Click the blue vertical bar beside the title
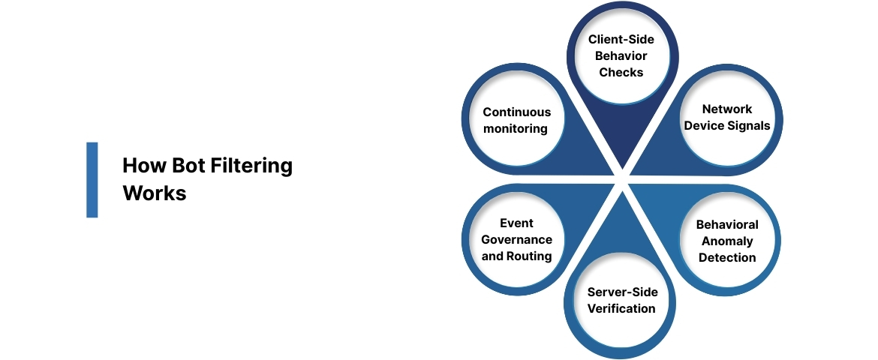pos(92,180)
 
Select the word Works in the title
pos(154,193)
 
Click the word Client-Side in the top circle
pos(621,40)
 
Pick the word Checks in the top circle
pos(621,73)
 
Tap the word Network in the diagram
pos(727,109)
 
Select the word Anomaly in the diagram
pos(727,241)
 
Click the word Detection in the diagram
pos(727,257)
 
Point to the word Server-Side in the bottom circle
pos(621,292)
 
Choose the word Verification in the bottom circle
pos(621,308)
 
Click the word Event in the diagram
pos(516,223)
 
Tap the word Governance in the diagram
pos(516,240)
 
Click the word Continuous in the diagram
pos(516,112)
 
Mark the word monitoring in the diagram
pos(516,129)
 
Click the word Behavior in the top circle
pos(621,56)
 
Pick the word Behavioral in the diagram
pos(727,224)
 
